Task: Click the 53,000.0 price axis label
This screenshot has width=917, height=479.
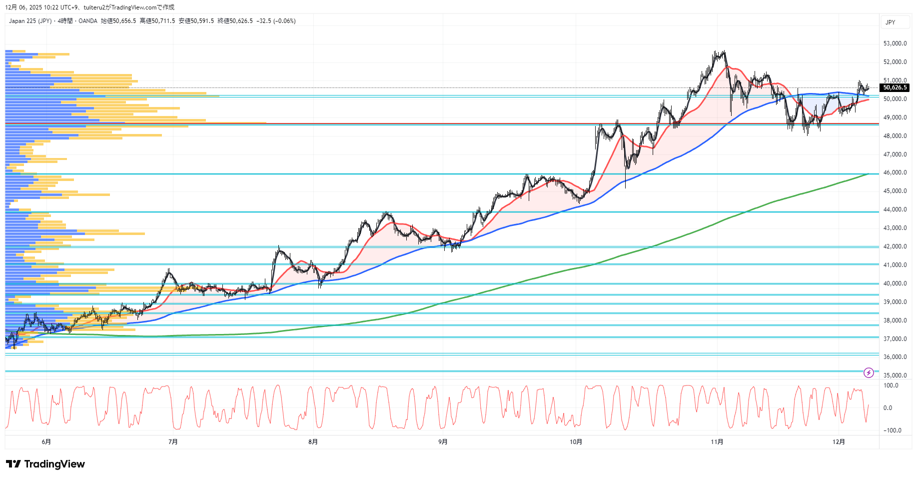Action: (x=895, y=43)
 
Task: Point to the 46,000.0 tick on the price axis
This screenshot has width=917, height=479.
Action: (x=895, y=172)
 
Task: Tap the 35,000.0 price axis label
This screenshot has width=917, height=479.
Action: (x=895, y=375)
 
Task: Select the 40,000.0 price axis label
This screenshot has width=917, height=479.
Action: (x=895, y=283)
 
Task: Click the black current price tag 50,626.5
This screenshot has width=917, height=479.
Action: (x=895, y=87)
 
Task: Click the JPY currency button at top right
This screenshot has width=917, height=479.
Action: (x=891, y=22)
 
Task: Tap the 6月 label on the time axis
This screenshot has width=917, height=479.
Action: (x=46, y=441)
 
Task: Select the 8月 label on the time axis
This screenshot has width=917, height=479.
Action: (x=313, y=441)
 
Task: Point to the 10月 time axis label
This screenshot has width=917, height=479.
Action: (x=576, y=441)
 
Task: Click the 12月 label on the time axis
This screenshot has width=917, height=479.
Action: (x=839, y=441)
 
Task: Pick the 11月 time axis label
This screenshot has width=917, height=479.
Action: (x=717, y=441)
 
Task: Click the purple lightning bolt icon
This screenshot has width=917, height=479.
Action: (x=869, y=372)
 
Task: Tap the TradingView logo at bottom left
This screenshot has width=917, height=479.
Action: (x=45, y=464)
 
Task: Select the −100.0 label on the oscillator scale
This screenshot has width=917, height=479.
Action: (x=892, y=430)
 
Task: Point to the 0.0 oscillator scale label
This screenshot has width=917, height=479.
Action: (x=888, y=408)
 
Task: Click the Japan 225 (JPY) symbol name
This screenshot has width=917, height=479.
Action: (x=30, y=21)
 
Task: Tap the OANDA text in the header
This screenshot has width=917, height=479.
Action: (x=88, y=21)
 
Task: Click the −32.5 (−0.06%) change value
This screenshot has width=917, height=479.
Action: (x=276, y=21)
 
